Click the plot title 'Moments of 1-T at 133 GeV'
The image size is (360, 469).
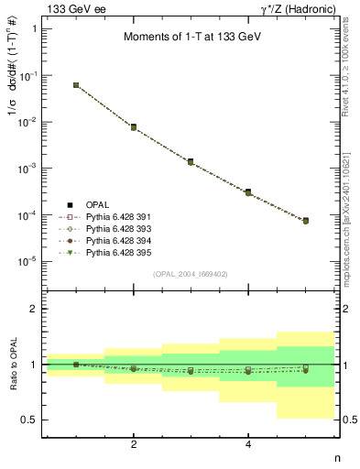point(194,38)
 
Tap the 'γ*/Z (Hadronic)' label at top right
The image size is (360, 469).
point(300,7)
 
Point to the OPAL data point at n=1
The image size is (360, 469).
point(76,85)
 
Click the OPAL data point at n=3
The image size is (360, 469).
point(191,161)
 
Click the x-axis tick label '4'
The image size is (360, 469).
point(248,445)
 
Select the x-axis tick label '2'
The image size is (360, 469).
point(134,445)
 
